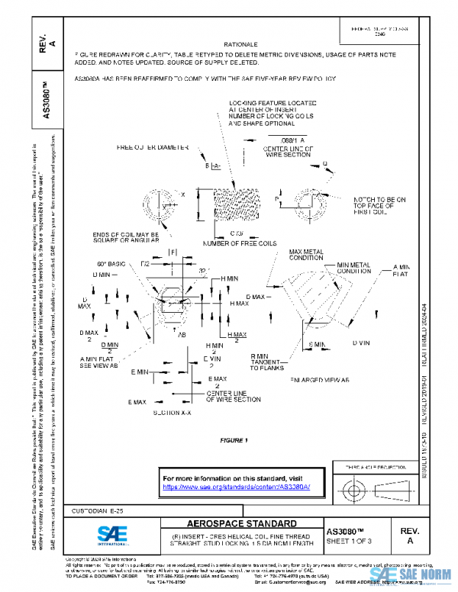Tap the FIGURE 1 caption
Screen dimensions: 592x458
(x=234, y=440)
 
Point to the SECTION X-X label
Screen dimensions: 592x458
(x=172, y=412)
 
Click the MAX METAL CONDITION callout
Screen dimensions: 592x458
(x=309, y=254)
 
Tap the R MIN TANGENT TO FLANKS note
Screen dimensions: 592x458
(x=267, y=362)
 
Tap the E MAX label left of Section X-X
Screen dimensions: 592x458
(x=137, y=401)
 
